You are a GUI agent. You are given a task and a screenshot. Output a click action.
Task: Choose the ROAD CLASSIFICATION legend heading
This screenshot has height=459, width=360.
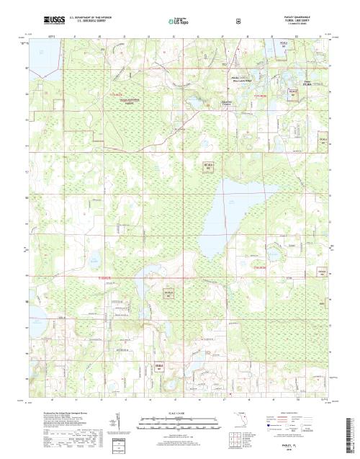tap(299, 411)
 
